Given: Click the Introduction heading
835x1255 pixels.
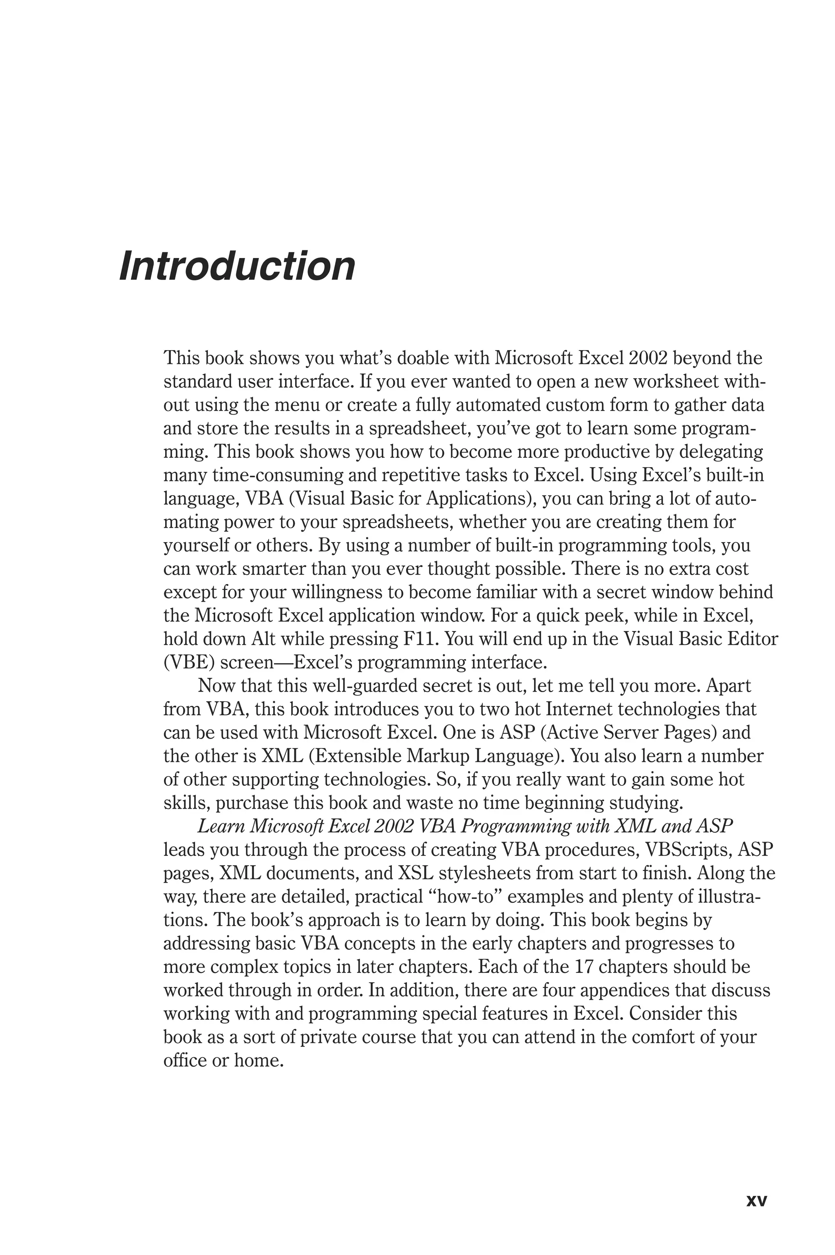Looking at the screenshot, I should [237, 266].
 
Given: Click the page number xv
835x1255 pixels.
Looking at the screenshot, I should [756, 1185].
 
